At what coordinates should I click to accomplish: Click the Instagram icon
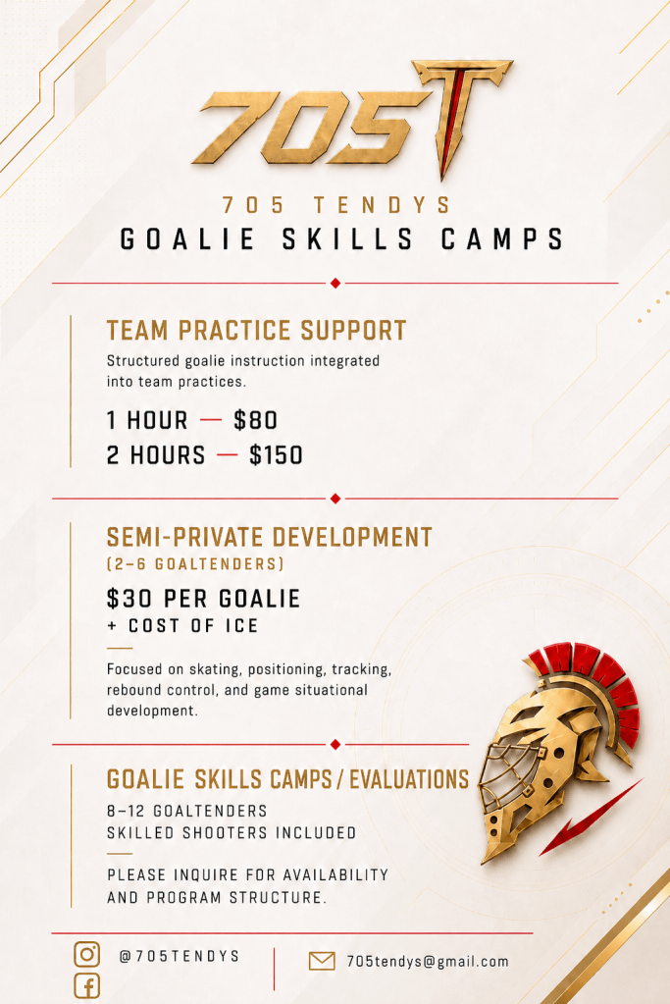[87, 953]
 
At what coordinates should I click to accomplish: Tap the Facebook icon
[87, 986]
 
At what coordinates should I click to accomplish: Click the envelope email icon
[321, 961]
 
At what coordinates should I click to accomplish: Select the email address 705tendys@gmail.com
[428, 961]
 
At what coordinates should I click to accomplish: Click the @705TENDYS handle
[180, 956]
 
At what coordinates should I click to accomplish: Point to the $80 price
[255, 420]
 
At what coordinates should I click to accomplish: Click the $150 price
[276, 455]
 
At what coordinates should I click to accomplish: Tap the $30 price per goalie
[129, 598]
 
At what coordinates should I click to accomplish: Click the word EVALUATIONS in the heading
[409, 779]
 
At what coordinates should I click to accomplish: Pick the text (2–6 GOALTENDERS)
[195, 564]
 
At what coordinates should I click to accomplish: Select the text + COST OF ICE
[182, 625]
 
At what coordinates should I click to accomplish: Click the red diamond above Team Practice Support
[335, 283]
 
